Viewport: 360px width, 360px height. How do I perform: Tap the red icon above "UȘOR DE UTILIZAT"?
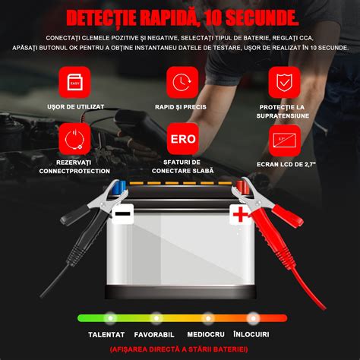click(x=75, y=82)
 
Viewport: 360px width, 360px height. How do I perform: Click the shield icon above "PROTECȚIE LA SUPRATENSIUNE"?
click(x=285, y=82)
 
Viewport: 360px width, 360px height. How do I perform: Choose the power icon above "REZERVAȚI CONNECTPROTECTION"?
click(x=75, y=140)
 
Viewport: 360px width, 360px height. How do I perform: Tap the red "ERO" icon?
click(x=181, y=140)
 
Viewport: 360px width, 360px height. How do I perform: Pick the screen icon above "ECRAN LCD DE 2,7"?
click(x=285, y=140)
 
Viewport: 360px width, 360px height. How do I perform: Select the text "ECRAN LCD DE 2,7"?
click(x=285, y=163)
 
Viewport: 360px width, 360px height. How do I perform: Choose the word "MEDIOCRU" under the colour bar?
click(x=206, y=333)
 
